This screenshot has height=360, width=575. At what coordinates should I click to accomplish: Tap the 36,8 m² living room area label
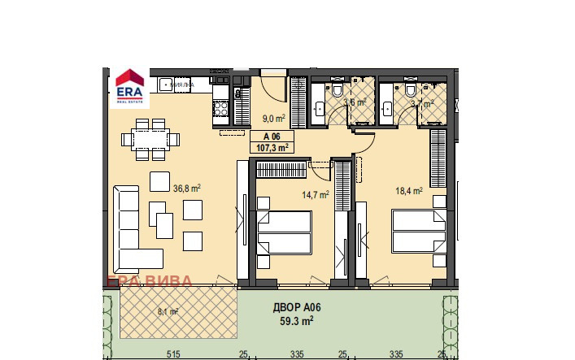(187, 188)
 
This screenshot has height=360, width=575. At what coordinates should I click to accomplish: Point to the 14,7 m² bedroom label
(315, 195)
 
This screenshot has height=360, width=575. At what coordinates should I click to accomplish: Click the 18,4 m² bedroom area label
(409, 192)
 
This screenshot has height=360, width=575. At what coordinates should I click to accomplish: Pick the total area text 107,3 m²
(273, 148)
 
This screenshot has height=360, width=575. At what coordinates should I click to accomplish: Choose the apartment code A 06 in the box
(271, 137)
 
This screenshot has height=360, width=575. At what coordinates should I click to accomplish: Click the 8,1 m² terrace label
(168, 310)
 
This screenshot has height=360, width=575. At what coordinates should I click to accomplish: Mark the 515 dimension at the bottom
(172, 353)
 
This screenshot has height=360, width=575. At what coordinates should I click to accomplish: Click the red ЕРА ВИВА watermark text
(150, 282)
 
